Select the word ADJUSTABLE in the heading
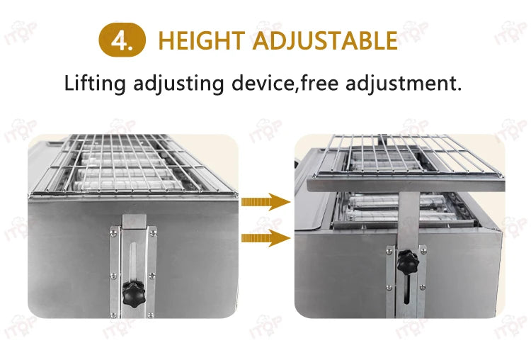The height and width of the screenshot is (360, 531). (326, 40)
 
